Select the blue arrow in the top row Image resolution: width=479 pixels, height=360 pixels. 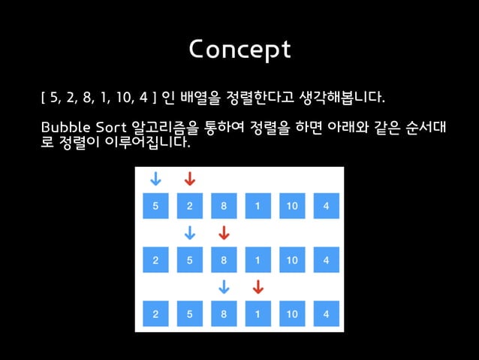point(155,179)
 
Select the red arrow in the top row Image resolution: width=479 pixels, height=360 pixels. point(189,179)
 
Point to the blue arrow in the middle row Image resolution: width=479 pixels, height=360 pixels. point(190,233)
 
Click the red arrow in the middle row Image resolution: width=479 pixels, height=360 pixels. point(223,233)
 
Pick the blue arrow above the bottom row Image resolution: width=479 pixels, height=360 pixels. point(223,286)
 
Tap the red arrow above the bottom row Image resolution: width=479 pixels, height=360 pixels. point(258,286)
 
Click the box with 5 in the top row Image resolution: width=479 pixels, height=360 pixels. point(155,207)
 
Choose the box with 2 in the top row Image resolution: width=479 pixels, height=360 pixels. point(190,207)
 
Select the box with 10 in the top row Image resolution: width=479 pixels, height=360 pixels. point(291,207)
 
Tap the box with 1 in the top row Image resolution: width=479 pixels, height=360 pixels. point(258,207)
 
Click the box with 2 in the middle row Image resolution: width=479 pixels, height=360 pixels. point(155,260)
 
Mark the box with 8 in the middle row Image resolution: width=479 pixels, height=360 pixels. point(224,260)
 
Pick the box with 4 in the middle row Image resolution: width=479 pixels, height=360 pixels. point(326,260)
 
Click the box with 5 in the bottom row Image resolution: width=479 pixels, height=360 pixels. point(190,313)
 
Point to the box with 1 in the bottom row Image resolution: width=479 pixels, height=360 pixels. point(258,313)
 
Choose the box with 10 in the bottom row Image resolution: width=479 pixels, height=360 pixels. point(291,313)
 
